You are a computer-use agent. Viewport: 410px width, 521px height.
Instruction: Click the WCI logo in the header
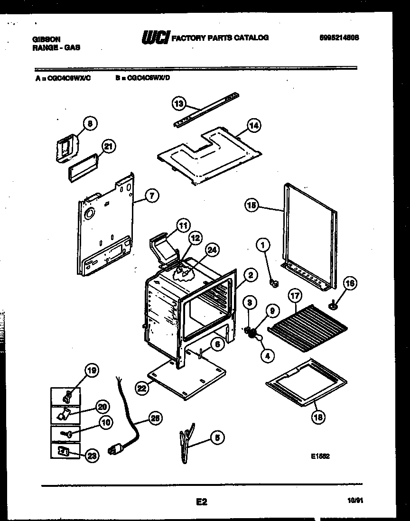pyautogui.click(x=156, y=37)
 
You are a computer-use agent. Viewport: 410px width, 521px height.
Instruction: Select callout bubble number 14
pyautogui.click(x=253, y=126)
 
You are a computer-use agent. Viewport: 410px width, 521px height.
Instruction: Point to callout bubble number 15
pyautogui.click(x=252, y=205)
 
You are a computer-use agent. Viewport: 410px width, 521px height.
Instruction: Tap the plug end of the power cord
pyautogui.click(x=115, y=449)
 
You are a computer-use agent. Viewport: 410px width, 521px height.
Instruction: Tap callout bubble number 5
pyautogui.click(x=218, y=438)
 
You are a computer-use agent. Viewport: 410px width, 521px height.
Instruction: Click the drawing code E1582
pyautogui.click(x=320, y=456)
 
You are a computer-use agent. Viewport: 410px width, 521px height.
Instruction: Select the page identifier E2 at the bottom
pyautogui.click(x=202, y=501)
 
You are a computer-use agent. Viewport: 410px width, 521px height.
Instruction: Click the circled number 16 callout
pyautogui.click(x=349, y=284)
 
